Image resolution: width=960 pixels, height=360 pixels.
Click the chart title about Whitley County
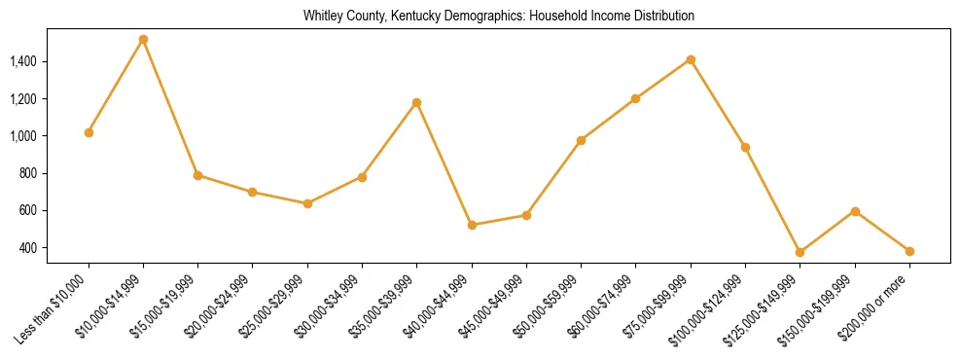coord(499,17)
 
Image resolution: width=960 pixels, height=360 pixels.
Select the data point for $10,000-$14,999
coord(143,40)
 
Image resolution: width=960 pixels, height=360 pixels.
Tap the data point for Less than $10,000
coord(89,132)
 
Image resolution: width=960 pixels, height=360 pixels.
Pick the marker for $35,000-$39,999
coord(417,102)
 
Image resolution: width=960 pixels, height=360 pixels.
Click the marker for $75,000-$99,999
coord(691,59)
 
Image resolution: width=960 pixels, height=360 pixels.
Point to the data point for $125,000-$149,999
coord(800,252)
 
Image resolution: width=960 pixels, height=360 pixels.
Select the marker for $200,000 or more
coord(909,251)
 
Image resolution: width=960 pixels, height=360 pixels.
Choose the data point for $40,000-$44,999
coord(472,225)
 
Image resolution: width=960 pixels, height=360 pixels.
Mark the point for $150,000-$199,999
coord(855,211)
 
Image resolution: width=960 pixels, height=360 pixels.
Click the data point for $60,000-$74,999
coord(636,98)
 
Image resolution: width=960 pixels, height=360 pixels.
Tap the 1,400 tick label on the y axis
coord(51,61)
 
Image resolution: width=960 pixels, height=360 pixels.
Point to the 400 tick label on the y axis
coord(56,248)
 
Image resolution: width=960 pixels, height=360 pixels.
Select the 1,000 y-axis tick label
coord(51,136)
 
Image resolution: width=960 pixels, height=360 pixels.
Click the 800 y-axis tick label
coord(56,173)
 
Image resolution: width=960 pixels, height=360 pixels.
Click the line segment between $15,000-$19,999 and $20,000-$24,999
coord(225,184)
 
